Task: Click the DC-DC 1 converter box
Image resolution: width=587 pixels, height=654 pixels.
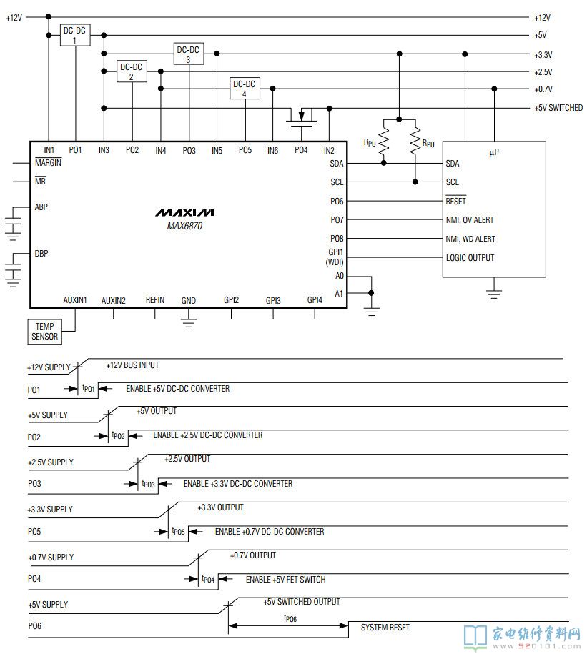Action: (x=75, y=35)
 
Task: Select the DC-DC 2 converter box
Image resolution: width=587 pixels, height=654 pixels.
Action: (x=132, y=71)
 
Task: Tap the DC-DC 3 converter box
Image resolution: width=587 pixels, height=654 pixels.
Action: (x=188, y=54)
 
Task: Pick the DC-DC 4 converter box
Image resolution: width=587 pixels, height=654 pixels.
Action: (x=245, y=89)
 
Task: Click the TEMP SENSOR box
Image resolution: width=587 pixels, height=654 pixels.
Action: (x=44, y=330)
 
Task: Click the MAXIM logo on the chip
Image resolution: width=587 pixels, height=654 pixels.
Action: (x=185, y=213)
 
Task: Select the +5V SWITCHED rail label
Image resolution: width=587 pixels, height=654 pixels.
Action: (x=558, y=108)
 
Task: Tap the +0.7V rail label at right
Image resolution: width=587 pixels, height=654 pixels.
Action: (x=543, y=89)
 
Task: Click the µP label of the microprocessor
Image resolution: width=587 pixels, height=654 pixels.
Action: (x=494, y=152)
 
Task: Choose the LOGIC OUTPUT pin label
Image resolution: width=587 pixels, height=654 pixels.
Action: (x=470, y=258)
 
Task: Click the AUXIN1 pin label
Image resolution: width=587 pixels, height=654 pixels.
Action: (x=75, y=300)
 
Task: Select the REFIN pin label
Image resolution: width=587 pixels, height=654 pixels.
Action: (x=154, y=300)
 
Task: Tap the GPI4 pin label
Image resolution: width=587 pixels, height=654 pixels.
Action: (x=315, y=300)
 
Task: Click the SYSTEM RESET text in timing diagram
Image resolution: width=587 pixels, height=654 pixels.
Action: (x=385, y=627)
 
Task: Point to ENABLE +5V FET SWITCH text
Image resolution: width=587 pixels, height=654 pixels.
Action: (x=285, y=579)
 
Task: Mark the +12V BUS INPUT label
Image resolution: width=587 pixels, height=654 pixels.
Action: (x=132, y=365)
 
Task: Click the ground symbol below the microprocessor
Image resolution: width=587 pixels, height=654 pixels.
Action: (x=493, y=292)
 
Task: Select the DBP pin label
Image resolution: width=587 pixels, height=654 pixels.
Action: (x=41, y=254)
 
